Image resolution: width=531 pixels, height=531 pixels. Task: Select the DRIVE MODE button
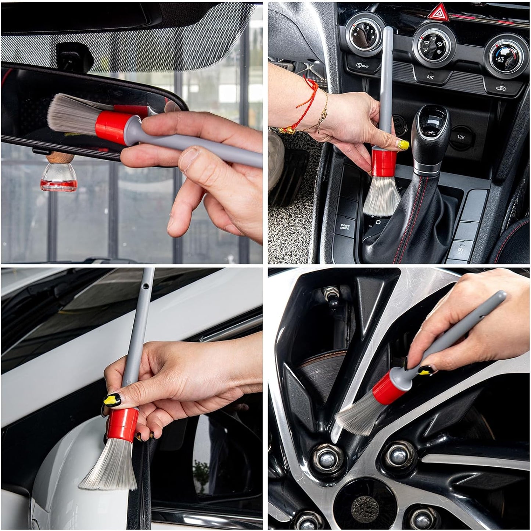[345, 227]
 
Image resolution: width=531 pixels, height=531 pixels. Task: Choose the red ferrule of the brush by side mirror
[123, 424]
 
